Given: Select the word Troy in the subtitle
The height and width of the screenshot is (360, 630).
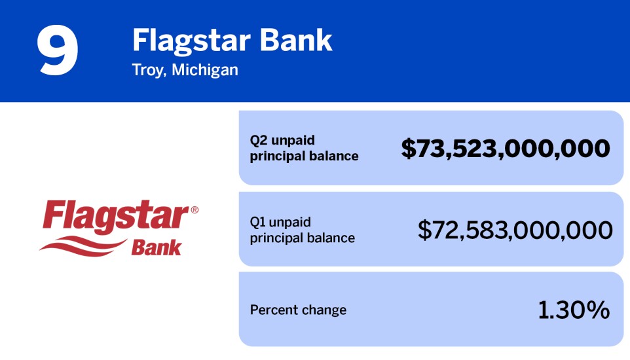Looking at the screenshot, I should [146, 69].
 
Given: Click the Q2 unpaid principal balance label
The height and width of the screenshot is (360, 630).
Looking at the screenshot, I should [304, 148].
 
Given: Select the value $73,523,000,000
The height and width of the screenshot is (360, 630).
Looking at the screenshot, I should [506, 149].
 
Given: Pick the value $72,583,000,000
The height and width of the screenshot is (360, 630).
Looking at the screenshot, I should [515, 230].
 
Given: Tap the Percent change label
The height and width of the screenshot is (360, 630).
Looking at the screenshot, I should [298, 310].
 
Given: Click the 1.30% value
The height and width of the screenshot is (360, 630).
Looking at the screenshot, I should [574, 310].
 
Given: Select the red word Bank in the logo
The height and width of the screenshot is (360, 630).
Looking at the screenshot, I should [157, 247].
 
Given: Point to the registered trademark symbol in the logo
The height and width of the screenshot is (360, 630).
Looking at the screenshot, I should [194, 210].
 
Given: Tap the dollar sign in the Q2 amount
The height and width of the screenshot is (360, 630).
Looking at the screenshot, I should [408, 149].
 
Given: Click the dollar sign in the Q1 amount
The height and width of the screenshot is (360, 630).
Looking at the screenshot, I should [425, 230].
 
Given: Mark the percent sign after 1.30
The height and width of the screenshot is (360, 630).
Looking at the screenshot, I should [598, 310].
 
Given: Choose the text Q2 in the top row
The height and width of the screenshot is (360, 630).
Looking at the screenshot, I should [258, 141].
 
